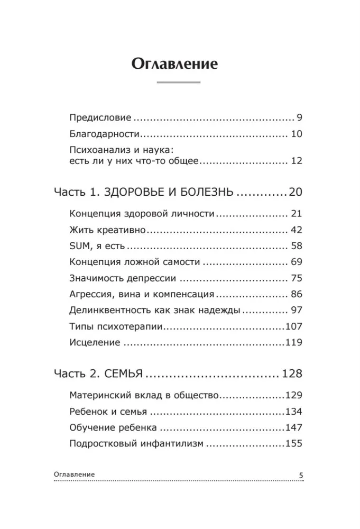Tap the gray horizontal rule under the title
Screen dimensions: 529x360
pos(179,83)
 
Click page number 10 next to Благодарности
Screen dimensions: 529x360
pos(296,134)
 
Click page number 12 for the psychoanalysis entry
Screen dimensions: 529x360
pos(296,161)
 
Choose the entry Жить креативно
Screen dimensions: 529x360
pos(107,231)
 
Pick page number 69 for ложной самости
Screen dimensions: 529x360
pos(296,262)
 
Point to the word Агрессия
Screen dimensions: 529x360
pos(88,295)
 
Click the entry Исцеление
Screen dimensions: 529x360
pos(94,343)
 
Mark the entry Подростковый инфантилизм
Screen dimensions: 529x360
pos(136,444)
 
